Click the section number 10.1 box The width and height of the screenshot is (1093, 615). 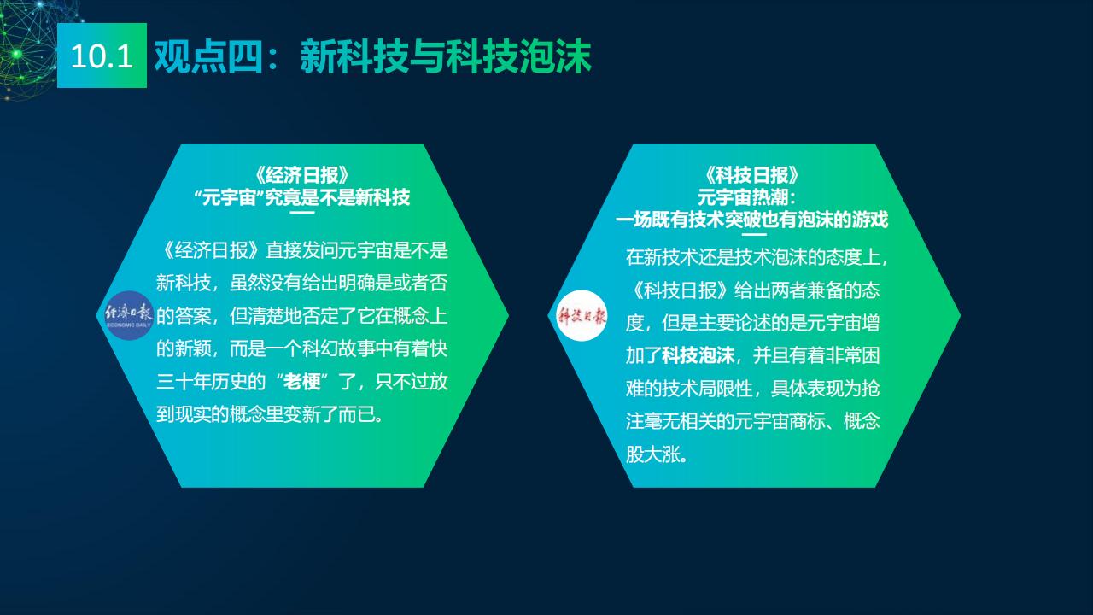point(102,56)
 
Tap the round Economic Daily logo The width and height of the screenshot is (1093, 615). point(129,315)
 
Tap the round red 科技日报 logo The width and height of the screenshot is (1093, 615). point(582,316)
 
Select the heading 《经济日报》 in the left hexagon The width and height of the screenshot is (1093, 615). point(302,175)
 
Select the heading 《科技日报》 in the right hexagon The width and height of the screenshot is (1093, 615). point(752,175)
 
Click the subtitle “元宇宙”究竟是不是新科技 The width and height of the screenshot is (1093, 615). point(302,197)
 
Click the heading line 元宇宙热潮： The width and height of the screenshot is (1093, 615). point(747,197)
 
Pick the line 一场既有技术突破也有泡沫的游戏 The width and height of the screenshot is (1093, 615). point(752,220)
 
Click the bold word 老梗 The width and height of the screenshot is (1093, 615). point(302,381)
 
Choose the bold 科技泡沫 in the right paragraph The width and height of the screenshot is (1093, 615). point(698,355)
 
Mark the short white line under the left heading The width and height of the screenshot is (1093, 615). point(302,213)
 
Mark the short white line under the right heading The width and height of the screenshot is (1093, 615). point(754,235)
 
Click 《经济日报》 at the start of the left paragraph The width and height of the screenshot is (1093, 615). point(211,250)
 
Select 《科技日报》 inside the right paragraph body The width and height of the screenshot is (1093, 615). point(681,290)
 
